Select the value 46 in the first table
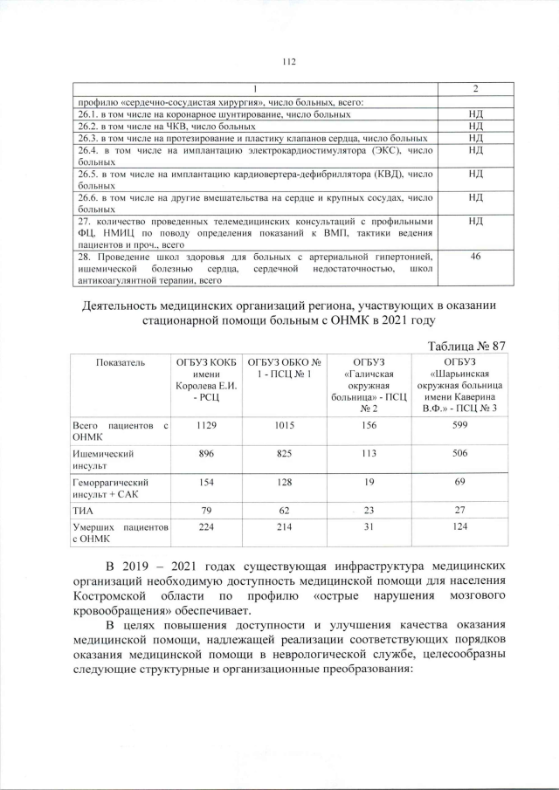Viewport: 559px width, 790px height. (475, 257)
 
